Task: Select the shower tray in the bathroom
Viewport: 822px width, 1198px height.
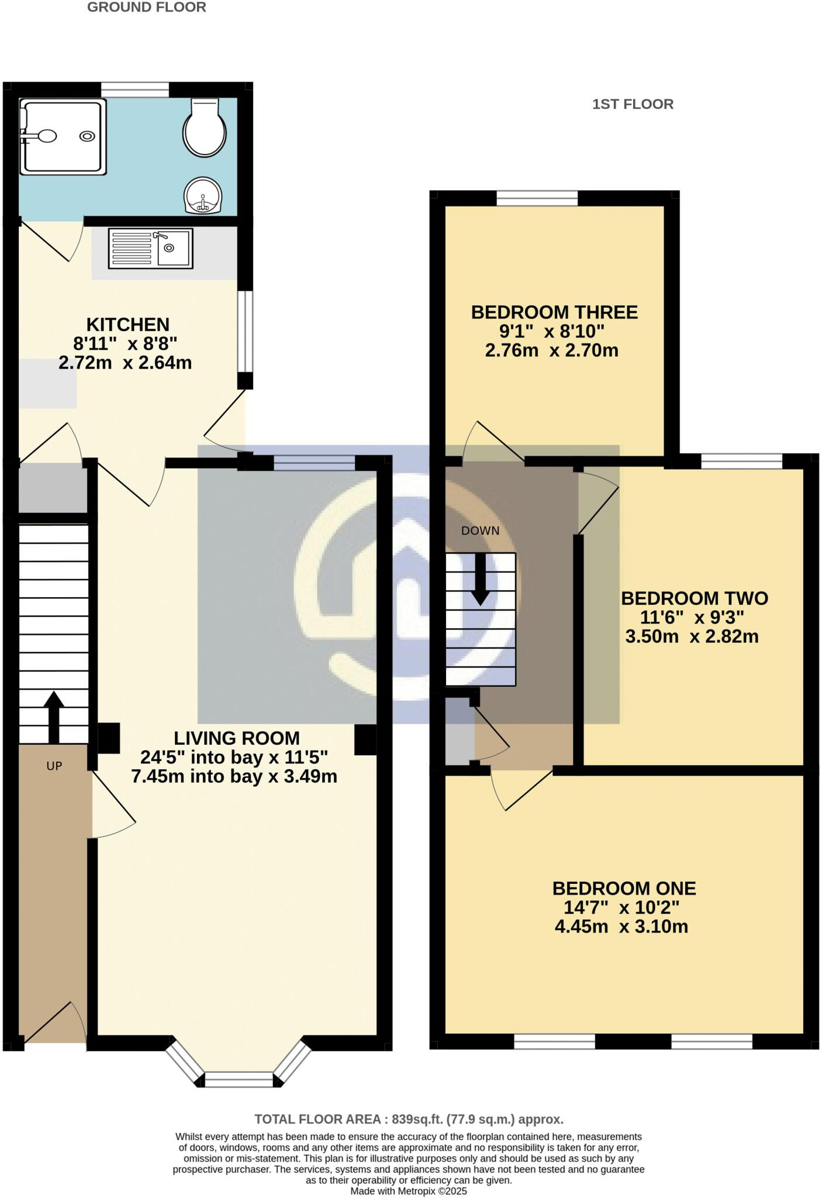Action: coord(63,136)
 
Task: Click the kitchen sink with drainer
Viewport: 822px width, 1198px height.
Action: coord(151,248)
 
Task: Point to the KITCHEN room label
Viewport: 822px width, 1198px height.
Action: coord(127,325)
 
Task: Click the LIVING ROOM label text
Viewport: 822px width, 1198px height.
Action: coord(236,738)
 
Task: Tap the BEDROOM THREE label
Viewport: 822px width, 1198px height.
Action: coord(554,312)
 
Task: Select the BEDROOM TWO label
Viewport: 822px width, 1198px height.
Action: coord(694,598)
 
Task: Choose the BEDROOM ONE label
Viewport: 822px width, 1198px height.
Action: coord(624,889)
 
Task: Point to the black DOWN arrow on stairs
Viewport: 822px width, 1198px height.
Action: coord(481,579)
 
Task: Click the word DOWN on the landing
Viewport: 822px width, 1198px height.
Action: coord(480,531)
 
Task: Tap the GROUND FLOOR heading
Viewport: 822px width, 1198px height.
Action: coord(146,8)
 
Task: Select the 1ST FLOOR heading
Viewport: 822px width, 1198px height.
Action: coord(633,104)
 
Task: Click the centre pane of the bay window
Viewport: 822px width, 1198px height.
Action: coord(239,1079)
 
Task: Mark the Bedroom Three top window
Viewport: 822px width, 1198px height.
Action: coord(537,198)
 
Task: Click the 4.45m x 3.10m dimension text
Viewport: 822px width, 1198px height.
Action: coord(621,927)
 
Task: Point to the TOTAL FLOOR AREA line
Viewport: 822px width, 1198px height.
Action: coord(409,1120)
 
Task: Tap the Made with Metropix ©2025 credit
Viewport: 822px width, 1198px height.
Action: coord(409,1190)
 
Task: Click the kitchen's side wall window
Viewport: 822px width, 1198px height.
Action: coord(246,331)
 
